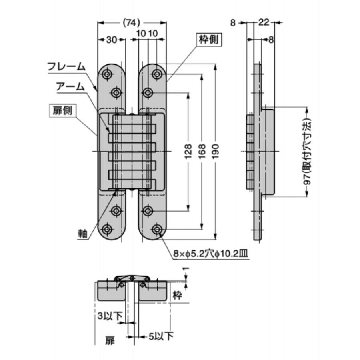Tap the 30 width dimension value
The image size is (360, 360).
pos(112,40)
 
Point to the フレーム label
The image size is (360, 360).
pos(66,66)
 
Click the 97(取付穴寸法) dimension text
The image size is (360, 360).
pos(307,152)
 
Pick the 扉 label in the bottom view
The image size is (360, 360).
pos(110,340)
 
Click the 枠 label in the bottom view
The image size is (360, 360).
pos(177,296)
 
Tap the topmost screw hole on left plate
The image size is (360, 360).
pos(107,74)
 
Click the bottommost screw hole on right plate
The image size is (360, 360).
pos(157,229)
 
